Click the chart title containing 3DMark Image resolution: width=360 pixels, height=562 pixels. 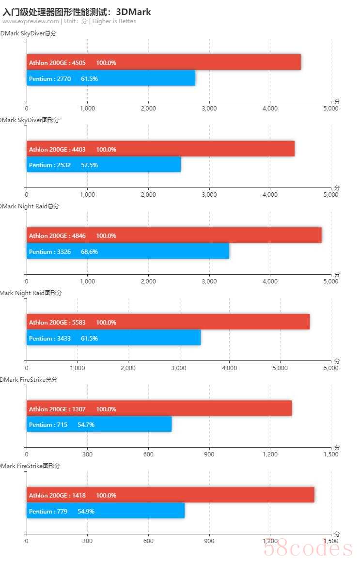[x=77, y=12]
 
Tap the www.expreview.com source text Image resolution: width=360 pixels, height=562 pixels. [x=31, y=21]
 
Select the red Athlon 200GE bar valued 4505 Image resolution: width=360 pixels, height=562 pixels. [x=164, y=62]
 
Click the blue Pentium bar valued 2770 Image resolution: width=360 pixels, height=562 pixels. [x=111, y=78]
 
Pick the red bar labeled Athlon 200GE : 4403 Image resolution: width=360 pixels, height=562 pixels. [x=160, y=149]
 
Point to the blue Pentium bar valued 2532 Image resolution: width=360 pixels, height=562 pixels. [x=104, y=165]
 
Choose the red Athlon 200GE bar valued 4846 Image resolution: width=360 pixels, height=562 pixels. [x=174, y=236]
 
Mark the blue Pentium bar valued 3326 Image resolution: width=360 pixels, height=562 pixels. [x=128, y=251]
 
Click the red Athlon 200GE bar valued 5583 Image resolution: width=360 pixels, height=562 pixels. [x=168, y=322]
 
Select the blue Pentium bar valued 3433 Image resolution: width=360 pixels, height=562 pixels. [x=113, y=338]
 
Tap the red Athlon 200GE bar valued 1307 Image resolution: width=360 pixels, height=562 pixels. [x=159, y=409]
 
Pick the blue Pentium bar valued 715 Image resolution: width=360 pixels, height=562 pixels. [x=99, y=424]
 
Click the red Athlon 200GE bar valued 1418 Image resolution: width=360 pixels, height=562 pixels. [x=170, y=495]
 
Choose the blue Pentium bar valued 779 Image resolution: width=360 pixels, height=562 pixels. [x=106, y=511]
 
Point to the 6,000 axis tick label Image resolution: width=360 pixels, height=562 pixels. [x=330, y=368]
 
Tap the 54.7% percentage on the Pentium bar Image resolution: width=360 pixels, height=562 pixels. [x=86, y=425]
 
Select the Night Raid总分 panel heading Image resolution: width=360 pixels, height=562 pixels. [x=30, y=206]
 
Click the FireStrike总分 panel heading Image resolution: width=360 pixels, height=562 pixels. [x=29, y=380]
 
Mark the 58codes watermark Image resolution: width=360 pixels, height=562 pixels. [x=307, y=548]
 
